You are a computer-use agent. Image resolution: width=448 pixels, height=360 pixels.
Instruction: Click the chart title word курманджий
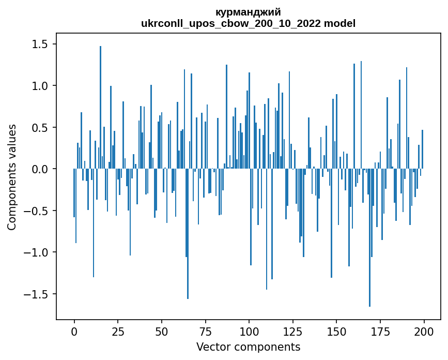[x=248, y=12]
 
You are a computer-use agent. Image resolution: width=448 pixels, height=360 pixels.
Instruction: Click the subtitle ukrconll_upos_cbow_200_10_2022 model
[x=248, y=23]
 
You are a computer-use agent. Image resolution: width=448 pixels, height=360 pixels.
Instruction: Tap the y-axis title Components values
[x=12, y=177]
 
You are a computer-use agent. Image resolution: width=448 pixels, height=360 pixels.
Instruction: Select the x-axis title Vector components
[x=248, y=347]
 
